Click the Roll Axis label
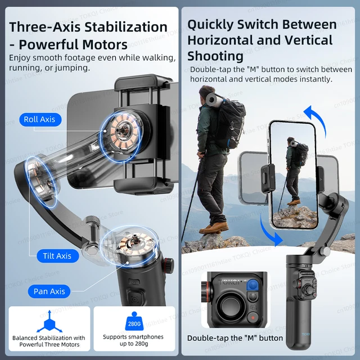[39, 119]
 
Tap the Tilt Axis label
[57, 256]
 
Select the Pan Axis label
[49, 291]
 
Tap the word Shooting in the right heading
[215, 56]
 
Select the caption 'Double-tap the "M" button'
[235, 338]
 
